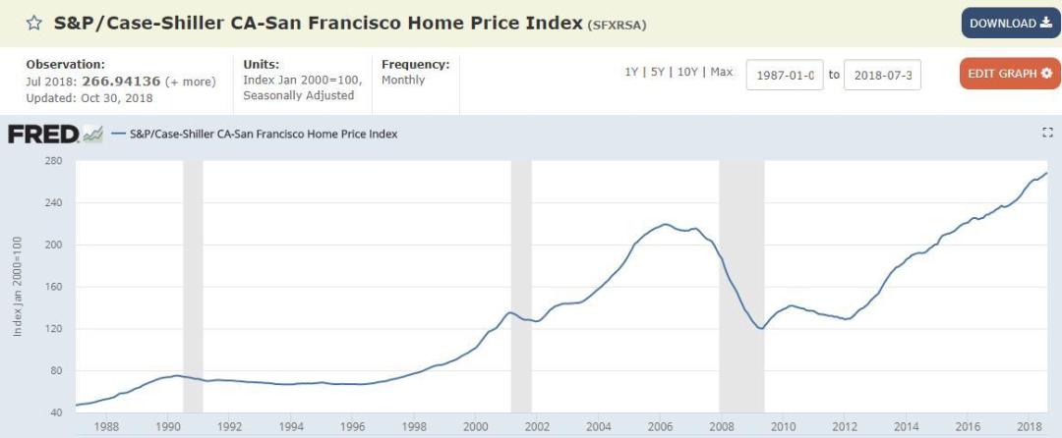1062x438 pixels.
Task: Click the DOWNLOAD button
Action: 1010,24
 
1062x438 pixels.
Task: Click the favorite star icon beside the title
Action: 33,23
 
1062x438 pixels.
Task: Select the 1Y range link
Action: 632,73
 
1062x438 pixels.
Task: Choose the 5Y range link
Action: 657,73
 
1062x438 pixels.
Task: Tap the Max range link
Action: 721,73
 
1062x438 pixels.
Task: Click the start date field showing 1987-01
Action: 784,75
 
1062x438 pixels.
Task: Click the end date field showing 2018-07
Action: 882,75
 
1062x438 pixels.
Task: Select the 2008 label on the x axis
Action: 722,426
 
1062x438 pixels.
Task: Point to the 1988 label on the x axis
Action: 106,426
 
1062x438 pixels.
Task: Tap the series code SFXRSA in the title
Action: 617,25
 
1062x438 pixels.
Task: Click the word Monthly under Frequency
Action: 404,81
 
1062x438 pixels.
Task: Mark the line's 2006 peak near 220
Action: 666,225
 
